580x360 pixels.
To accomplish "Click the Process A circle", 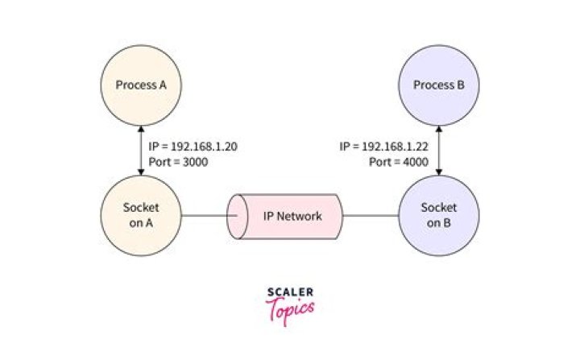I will point(141,85).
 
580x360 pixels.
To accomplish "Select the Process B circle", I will point(439,85).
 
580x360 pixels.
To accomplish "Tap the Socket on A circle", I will point(141,216).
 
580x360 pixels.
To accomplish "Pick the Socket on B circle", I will point(439,215).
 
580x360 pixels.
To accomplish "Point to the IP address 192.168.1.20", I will point(203,147).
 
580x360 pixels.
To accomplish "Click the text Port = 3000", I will point(178,161).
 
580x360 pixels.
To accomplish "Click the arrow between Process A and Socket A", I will point(141,151).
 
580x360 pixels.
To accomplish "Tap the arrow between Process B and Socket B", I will point(439,151).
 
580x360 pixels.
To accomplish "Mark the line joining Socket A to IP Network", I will point(203,216).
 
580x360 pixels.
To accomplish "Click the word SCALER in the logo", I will point(290,292).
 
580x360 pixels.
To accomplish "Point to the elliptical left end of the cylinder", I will point(236,216).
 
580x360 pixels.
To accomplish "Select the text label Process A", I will point(141,85).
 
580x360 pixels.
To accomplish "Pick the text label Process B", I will point(439,85).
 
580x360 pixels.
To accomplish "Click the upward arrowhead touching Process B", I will point(439,130).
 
